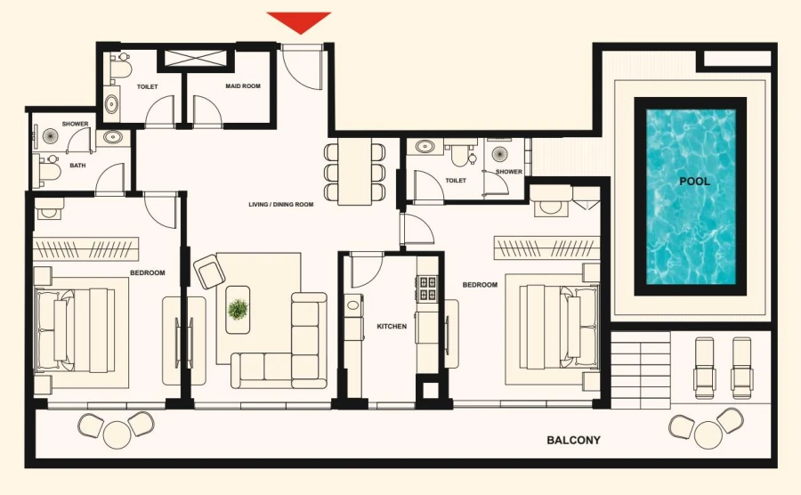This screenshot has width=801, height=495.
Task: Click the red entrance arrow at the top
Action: tap(299, 21)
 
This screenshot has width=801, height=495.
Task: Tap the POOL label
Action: tap(694, 181)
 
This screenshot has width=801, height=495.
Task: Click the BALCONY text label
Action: tap(573, 440)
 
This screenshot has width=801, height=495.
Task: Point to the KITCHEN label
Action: tap(392, 327)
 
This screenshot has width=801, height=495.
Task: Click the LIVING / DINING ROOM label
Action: tap(281, 205)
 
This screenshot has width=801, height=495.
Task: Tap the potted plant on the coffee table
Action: tap(238, 309)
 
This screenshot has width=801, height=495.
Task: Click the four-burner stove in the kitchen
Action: tap(427, 288)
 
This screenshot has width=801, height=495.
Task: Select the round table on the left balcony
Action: tap(117, 434)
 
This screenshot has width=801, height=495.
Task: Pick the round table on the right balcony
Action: tap(708, 434)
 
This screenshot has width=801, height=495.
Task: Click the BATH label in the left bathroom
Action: tap(78, 165)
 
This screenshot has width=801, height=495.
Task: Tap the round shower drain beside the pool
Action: tap(500, 155)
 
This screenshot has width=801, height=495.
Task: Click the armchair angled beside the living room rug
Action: tap(208, 272)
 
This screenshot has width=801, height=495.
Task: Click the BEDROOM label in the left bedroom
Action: tap(148, 272)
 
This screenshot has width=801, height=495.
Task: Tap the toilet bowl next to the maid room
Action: tap(120, 69)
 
